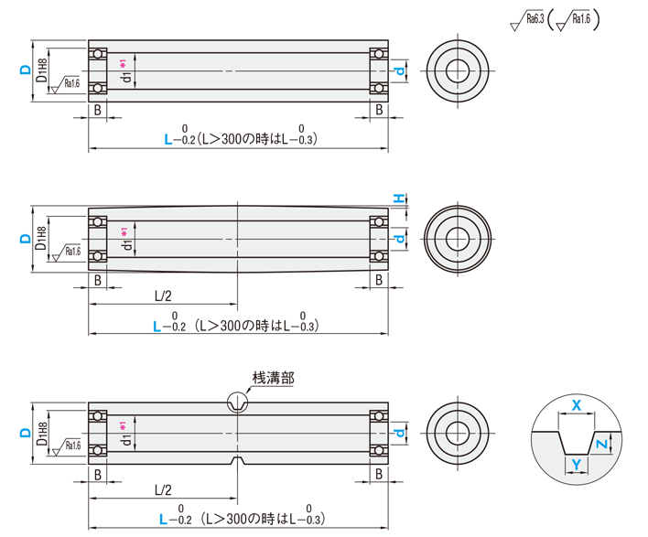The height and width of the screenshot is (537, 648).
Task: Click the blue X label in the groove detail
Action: click(x=576, y=404)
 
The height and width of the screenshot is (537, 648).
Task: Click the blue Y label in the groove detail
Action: click(x=575, y=465)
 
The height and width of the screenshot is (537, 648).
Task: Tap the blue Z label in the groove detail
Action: click(x=600, y=445)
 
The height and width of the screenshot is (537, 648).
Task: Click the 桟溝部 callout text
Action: click(x=273, y=377)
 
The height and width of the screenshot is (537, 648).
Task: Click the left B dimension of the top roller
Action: click(x=97, y=111)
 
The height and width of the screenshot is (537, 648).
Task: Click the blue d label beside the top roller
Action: click(x=398, y=70)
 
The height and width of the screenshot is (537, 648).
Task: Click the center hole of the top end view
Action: click(x=459, y=69)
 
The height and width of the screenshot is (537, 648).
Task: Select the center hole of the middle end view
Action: click(x=459, y=239)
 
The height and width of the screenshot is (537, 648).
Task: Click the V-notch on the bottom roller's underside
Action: click(x=237, y=457)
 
